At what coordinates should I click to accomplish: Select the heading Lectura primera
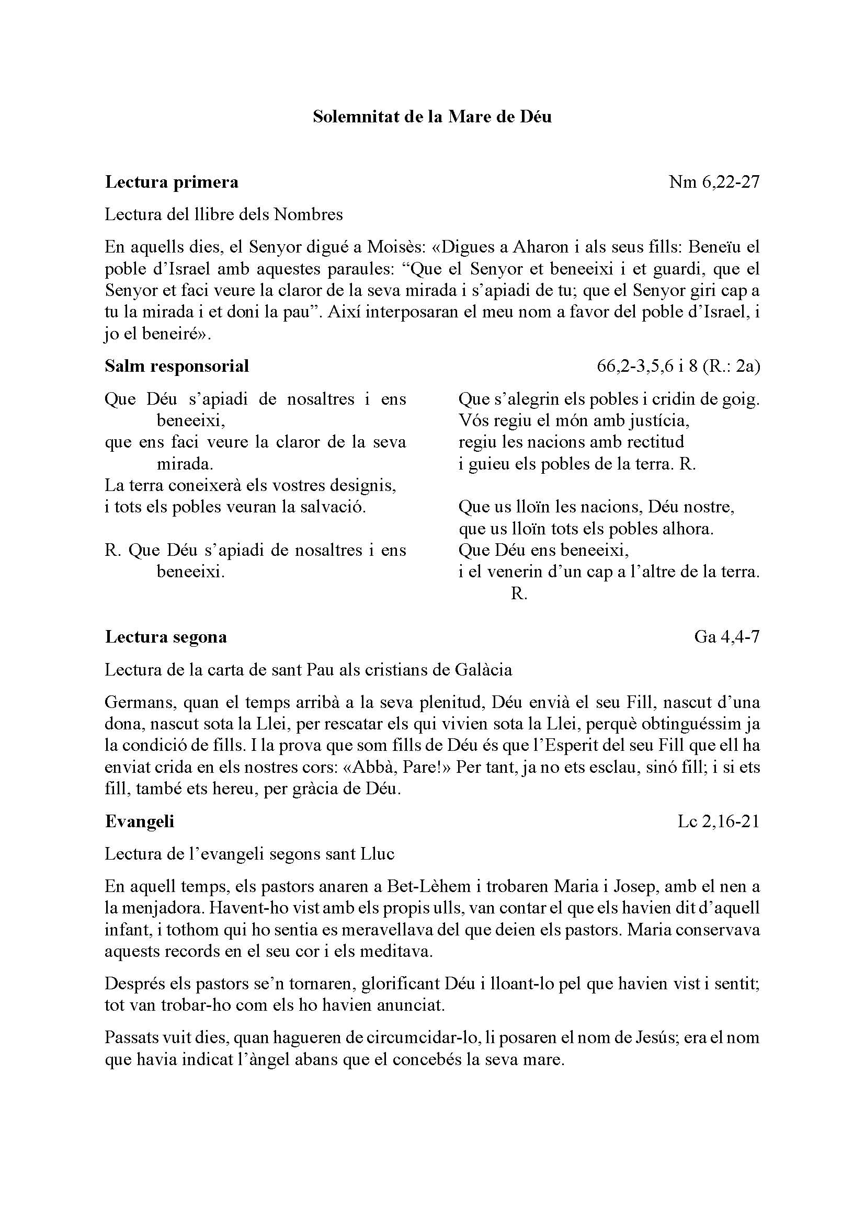pyautogui.click(x=172, y=182)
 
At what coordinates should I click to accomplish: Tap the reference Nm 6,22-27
pyautogui.click(x=714, y=182)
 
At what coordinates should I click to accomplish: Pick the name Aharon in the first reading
pyautogui.click(x=543, y=247)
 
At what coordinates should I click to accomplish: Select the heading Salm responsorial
pyautogui.click(x=177, y=366)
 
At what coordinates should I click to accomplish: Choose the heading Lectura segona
pyautogui.click(x=166, y=637)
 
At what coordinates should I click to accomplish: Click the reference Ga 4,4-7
pyautogui.click(x=726, y=637)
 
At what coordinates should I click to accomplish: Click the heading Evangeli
pyautogui.click(x=140, y=821)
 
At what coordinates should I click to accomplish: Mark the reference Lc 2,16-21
pyautogui.click(x=718, y=822)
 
